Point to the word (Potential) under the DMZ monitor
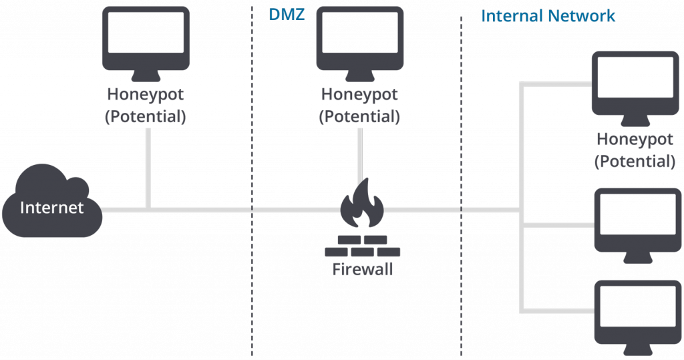359,116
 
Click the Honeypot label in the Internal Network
635,140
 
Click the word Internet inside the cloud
51,207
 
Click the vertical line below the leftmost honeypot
147,167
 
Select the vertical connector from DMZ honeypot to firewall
361,150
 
